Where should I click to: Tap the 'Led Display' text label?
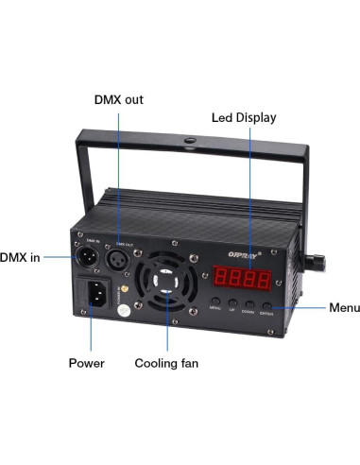coord(243,117)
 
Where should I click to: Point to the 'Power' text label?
coord(87,362)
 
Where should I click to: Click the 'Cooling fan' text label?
coord(165,362)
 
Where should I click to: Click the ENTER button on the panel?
coord(267,304)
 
